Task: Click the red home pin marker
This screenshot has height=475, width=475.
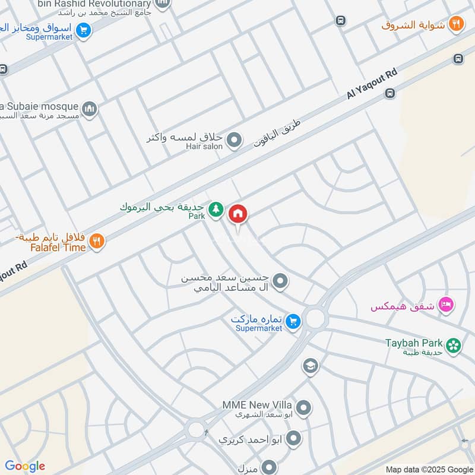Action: coord(237,213)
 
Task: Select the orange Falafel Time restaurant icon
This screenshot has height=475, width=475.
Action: coord(97,241)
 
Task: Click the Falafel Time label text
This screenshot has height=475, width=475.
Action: coord(58,248)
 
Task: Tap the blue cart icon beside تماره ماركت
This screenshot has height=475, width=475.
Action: coord(292,322)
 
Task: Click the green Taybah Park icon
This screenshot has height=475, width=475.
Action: coord(454,345)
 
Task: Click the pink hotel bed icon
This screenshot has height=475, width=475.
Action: coord(445,305)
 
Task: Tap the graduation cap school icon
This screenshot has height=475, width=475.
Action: coord(309,366)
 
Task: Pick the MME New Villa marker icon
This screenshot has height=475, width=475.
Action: coord(303,408)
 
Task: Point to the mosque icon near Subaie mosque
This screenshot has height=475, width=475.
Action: coord(89,109)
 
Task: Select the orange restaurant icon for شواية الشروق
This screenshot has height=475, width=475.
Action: coord(456,24)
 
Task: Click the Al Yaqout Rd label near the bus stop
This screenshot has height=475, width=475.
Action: coord(372,85)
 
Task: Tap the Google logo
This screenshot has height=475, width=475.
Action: coord(25,466)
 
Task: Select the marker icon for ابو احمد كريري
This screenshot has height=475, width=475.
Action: coord(293,439)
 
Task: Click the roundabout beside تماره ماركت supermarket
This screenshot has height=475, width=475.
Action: coord(315,318)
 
